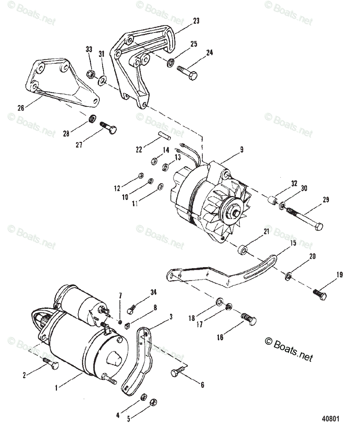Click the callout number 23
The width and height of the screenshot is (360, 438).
(196, 21)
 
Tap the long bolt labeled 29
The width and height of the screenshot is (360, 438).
(305, 220)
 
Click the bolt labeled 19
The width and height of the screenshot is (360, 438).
(320, 293)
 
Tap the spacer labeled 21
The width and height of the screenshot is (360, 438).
(242, 251)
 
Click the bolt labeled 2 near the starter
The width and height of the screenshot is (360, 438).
(50, 363)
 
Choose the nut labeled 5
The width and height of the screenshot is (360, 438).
(154, 402)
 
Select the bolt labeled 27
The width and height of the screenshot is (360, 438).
(109, 128)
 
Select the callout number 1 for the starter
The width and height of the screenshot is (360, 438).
(56, 388)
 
